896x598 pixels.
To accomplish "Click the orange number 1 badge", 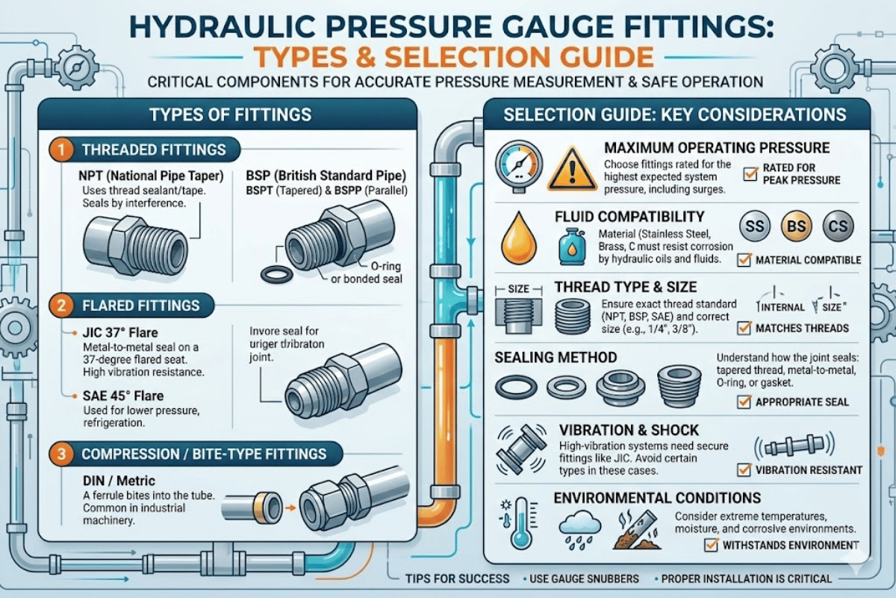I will [x=63, y=149].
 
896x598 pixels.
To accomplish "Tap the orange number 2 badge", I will [x=63, y=305].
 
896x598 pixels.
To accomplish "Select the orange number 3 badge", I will [x=63, y=454].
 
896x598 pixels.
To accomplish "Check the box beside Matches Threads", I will [x=744, y=327].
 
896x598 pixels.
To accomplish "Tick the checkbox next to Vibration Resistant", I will [x=744, y=470].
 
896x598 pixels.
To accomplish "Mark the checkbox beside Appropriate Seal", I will [x=744, y=402].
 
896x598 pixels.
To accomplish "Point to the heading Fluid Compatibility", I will [x=629, y=218].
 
